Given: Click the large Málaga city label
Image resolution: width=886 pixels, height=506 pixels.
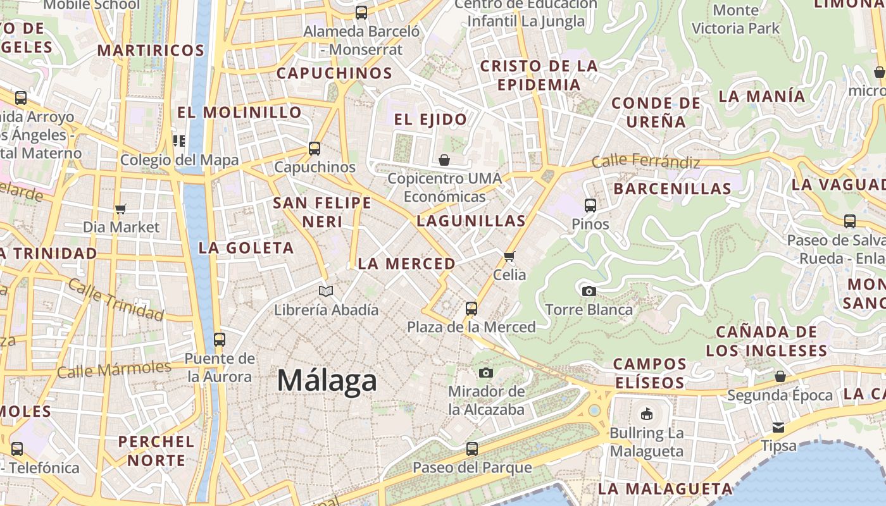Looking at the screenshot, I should (327, 381).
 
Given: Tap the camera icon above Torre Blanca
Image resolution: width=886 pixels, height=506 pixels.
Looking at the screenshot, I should (589, 292).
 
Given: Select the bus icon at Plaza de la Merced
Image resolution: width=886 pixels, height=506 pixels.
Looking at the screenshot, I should (471, 309).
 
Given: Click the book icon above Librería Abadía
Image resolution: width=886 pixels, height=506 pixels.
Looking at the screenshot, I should (326, 292).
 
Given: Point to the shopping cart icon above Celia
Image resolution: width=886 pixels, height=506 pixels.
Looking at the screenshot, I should (509, 256).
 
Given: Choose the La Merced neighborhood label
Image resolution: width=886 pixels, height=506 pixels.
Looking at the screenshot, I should (406, 264).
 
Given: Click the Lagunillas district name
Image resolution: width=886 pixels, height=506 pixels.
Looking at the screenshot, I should (471, 221).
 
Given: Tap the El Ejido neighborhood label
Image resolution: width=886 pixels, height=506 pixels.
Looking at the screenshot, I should (430, 119).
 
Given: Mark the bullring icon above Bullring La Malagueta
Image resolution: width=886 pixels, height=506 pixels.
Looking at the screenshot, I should (646, 415).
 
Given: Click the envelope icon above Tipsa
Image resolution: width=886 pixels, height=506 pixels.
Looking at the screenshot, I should (778, 428).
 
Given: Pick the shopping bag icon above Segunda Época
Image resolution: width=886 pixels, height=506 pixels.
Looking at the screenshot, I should (780, 376).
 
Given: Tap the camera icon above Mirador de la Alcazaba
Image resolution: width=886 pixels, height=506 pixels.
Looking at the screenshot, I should (486, 373).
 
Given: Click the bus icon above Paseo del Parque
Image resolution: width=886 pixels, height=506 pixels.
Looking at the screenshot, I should (472, 449).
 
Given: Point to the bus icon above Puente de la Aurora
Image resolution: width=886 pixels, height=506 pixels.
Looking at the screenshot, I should (220, 340).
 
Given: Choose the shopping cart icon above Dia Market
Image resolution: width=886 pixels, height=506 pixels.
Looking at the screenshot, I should (121, 209).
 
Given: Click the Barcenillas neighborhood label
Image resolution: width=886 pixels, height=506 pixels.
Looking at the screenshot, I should (672, 188).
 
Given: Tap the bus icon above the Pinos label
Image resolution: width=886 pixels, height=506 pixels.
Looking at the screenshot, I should (590, 206).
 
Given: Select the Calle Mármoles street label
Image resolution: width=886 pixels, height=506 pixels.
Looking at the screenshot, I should (114, 369).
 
